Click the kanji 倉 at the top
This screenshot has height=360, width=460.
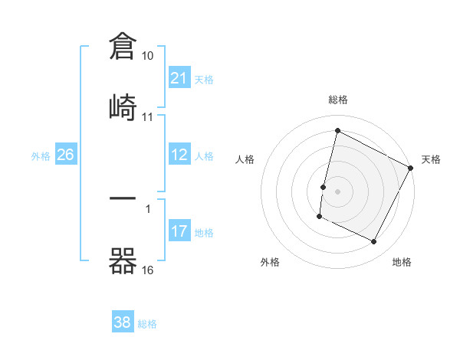[123, 47]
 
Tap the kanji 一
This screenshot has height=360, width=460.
[123, 198]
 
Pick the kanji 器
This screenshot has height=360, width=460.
[123, 260]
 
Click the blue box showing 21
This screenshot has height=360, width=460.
[179, 78]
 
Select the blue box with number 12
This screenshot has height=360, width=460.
[179, 155]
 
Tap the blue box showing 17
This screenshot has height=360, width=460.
[179, 231]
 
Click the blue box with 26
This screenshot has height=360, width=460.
[65, 155]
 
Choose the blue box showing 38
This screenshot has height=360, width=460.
[122, 322]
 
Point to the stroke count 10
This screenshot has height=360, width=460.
[148, 57]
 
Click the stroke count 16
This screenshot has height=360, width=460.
[148, 270]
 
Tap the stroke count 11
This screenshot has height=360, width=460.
[148, 117]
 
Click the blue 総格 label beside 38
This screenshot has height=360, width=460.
[147, 324]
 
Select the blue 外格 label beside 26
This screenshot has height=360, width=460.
[41, 156]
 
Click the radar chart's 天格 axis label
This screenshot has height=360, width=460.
[431, 159]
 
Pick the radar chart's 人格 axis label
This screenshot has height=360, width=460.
[245, 159]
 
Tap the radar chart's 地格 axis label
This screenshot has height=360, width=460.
[402, 263]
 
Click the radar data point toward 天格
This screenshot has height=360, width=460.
[411, 168]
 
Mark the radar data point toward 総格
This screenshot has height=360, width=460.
[337, 131]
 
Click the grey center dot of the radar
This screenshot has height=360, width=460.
[338, 190]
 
